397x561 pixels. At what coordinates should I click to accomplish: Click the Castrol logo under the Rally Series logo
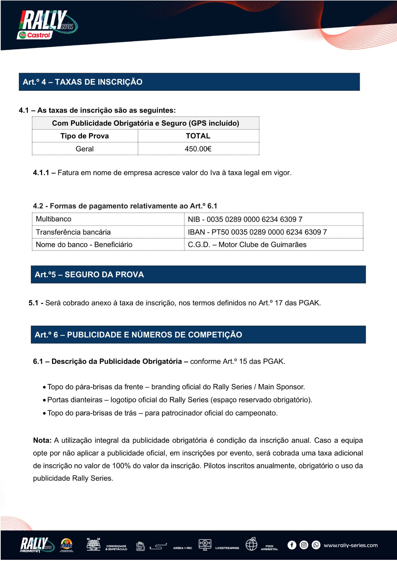click(x=35, y=35)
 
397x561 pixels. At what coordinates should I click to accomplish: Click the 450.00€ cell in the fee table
click(x=198, y=149)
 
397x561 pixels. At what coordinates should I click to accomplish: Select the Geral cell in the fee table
click(x=85, y=149)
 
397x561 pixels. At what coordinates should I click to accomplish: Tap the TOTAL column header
click(x=198, y=136)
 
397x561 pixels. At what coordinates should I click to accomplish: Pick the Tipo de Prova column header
click(x=85, y=136)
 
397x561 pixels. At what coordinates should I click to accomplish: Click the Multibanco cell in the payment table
click(x=54, y=219)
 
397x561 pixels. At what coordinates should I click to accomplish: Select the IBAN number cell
click(x=257, y=232)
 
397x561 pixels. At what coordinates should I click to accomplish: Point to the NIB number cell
click(x=245, y=219)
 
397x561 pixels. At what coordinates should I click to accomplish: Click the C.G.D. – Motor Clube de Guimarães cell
click(x=247, y=245)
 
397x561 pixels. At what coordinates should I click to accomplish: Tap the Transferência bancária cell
click(x=73, y=232)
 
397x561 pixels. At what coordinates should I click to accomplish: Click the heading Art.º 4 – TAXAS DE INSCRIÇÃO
click(x=83, y=82)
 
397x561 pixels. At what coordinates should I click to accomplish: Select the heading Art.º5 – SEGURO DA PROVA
click(x=89, y=275)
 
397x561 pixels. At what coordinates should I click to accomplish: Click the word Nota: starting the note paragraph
click(x=42, y=440)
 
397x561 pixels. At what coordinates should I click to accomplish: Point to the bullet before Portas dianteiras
click(x=44, y=400)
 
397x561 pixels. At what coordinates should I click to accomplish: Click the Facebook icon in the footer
click(x=292, y=545)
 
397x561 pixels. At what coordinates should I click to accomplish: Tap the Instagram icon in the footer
click(x=304, y=545)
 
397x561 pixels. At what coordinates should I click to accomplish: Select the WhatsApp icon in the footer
click(x=316, y=545)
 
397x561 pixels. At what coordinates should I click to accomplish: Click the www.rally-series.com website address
click(x=350, y=545)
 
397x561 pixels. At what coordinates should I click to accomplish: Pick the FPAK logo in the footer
click(x=67, y=545)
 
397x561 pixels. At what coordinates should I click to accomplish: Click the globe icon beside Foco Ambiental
click(x=251, y=544)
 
